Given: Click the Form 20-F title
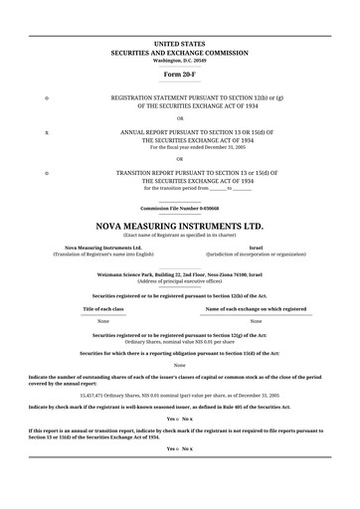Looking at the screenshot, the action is click(x=180, y=75).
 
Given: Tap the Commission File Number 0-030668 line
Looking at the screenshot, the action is click(x=180, y=208).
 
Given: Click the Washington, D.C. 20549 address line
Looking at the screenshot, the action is click(x=180, y=60).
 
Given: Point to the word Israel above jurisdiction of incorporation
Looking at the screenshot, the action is click(x=256, y=247).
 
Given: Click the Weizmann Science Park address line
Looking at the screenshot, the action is click(x=180, y=272).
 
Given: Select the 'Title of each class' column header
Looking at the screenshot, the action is click(x=103, y=309).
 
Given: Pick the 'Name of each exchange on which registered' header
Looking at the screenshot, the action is click(x=256, y=309).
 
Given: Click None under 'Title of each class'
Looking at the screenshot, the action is click(x=103, y=322).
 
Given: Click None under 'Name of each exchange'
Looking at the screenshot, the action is click(x=256, y=322).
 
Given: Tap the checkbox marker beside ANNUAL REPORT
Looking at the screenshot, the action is click(x=47, y=130).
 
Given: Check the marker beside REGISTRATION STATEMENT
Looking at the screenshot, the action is click(x=47, y=98).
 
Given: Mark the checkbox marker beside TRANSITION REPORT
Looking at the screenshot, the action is click(x=47, y=172).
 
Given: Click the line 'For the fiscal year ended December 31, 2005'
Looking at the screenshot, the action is click(x=180, y=147).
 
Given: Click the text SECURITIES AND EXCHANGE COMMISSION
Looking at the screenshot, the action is click(x=180, y=53).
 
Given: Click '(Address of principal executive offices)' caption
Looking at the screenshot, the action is click(x=180, y=280).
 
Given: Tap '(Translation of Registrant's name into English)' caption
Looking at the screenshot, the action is click(x=103, y=254).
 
